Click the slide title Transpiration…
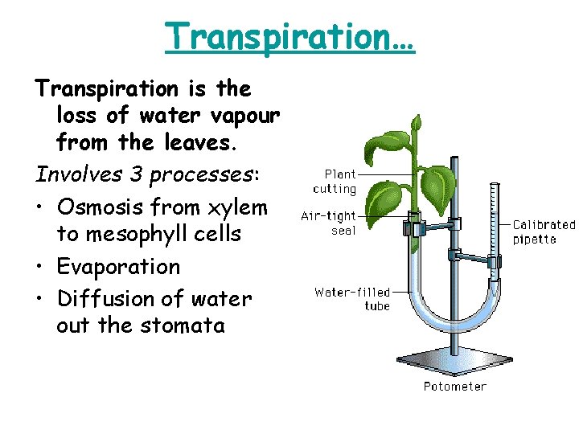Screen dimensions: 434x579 (x=289, y=37)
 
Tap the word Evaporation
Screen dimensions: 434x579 (x=119, y=266)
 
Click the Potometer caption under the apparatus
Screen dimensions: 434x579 (x=454, y=387)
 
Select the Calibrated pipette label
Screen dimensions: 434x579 (x=544, y=232)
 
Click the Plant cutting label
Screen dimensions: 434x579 (x=335, y=182)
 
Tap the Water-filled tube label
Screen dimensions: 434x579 (x=352, y=299)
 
